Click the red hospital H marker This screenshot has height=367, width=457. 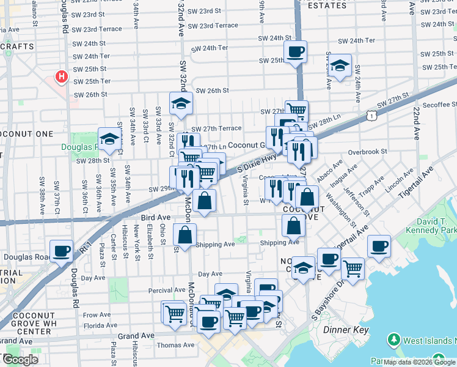coord(61,77)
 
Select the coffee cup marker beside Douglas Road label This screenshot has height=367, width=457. coord(62,250)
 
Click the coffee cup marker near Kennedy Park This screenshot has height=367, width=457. coord(379,245)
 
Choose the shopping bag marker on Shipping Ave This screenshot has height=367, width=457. coord(185,234)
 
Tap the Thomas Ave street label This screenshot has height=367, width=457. coord(175,345)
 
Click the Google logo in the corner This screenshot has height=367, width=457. coord(20,360)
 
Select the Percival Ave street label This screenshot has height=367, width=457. coord(167,290)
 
